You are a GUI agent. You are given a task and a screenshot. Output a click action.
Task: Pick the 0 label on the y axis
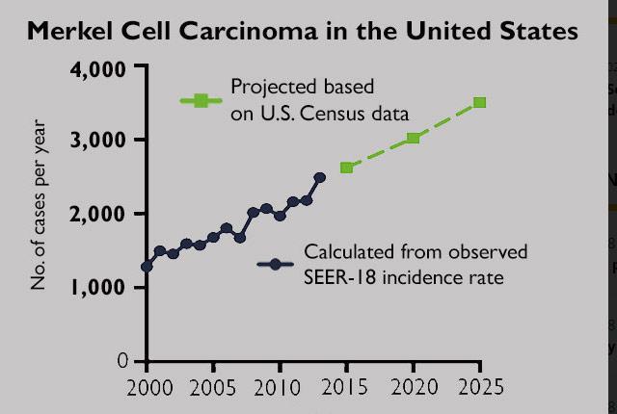[122, 360]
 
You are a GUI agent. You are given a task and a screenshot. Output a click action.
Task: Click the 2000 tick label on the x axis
[147, 389]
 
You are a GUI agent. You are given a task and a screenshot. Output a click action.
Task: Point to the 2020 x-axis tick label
[413, 389]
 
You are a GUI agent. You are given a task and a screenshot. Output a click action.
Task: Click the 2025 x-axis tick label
[479, 389]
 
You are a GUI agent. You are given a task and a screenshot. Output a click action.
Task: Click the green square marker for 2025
[479, 102]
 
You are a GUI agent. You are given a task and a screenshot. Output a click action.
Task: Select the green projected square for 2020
[413, 138]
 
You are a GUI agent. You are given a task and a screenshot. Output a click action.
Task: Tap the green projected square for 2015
[346, 168]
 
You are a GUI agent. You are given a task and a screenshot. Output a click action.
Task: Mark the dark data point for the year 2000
[147, 267]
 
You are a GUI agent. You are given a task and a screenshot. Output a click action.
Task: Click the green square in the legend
[201, 100]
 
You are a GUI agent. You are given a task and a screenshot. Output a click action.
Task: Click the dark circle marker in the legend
[275, 264]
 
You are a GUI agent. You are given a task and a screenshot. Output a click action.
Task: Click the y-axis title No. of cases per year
[40, 203]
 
